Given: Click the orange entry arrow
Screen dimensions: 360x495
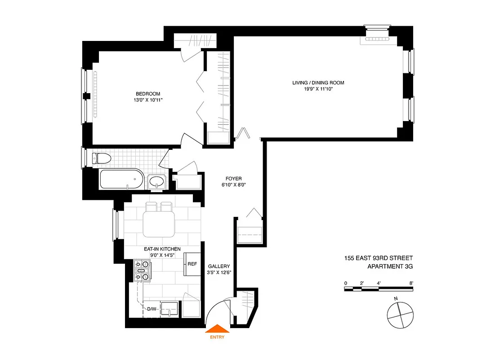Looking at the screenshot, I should (x=217, y=328).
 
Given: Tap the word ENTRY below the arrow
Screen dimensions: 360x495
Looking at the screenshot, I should (x=217, y=337).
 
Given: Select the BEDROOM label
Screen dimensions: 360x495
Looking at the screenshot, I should (x=144, y=94).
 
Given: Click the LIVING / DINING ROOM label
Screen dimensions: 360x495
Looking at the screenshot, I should (x=318, y=83).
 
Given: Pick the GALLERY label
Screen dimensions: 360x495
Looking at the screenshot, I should (x=219, y=266).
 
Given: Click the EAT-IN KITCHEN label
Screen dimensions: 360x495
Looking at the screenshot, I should (x=162, y=249).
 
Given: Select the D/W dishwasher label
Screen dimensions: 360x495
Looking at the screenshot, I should (x=152, y=309).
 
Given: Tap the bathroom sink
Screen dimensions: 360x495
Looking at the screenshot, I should (x=156, y=182).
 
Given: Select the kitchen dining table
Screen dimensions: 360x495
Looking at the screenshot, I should (x=159, y=224).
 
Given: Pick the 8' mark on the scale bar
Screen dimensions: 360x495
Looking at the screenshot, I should (x=411, y=283).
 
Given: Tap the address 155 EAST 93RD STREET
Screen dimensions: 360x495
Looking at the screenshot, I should (x=376, y=258).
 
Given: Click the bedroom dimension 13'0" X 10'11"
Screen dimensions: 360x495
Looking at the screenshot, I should (x=144, y=100).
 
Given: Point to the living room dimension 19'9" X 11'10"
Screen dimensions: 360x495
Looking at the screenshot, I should (x=318, y=89).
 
